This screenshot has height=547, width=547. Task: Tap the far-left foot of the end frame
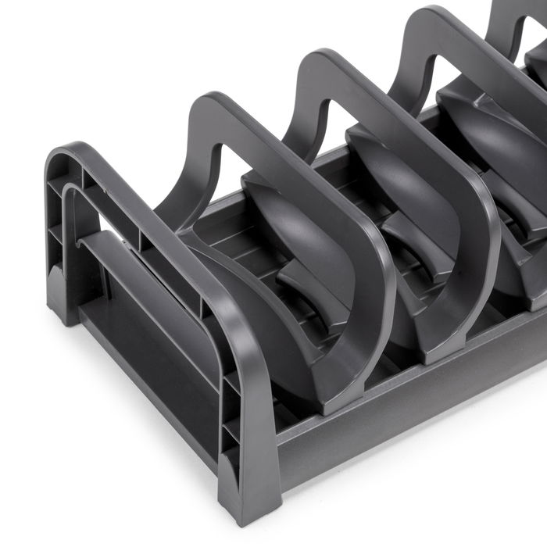pos(61,301)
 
